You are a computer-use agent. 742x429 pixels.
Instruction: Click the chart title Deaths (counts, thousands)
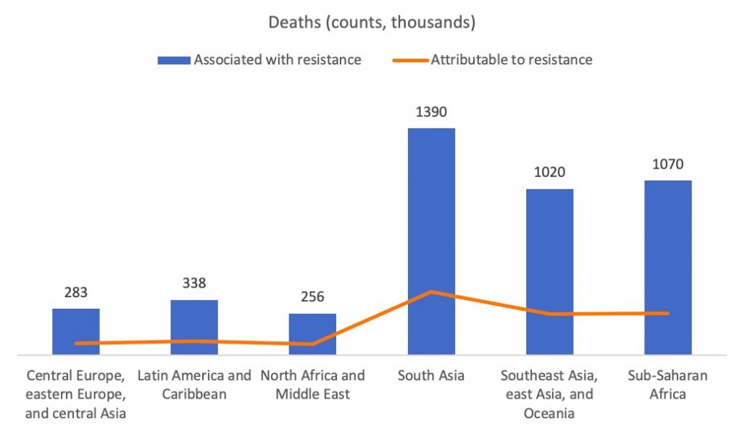pos(372,22)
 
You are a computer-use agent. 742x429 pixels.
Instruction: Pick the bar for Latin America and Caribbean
pos(194,327)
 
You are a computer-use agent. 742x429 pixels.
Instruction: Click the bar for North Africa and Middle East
pos(312,334)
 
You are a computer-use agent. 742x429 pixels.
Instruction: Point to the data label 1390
pos(431,112)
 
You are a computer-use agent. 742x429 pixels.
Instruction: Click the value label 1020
pos(549,172)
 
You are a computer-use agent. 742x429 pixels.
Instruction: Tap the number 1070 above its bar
pos(668,164)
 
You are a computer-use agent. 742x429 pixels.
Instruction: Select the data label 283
pos(76,293)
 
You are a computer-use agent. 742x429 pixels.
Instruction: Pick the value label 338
pos(194,283)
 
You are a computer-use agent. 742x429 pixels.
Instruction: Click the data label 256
pos(312,297)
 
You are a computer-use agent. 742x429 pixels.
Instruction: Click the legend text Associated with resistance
pos(277,60)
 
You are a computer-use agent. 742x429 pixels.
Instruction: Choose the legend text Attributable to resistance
pos(512,60)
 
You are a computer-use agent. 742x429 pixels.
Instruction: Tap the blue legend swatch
pos(174,60)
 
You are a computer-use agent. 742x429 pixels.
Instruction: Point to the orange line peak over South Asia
pos(431,292)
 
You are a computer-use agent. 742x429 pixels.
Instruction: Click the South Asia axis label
pos(431,376)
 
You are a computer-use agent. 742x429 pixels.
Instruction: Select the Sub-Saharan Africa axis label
pos(668,385)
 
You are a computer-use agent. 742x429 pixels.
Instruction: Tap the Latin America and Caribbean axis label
pos(194,385)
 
